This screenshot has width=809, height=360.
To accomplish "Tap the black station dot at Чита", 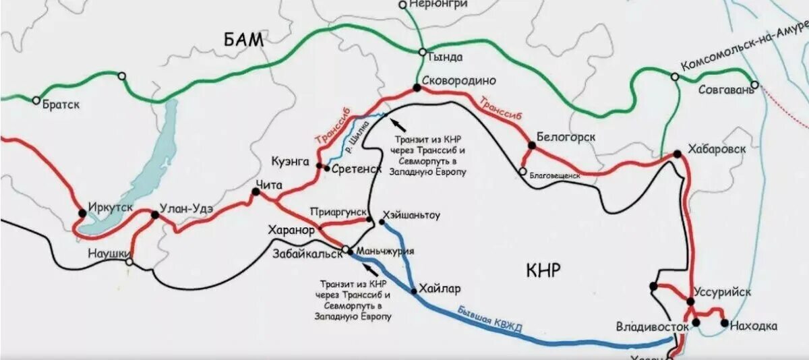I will click(256, 192).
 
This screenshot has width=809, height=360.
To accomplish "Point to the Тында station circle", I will click(421, 52).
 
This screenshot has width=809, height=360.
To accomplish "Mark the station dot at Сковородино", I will click(417, 88).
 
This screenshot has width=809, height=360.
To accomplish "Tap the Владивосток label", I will click(652, 327).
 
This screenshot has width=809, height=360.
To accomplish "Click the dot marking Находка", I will click(724, 323).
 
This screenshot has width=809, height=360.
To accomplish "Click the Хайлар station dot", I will click(413, 291).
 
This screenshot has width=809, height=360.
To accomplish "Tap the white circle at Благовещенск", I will click(522, 171).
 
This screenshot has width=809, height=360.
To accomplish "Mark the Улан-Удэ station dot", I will click(154, 215).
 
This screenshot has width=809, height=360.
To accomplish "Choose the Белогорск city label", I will click(566, 137).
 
